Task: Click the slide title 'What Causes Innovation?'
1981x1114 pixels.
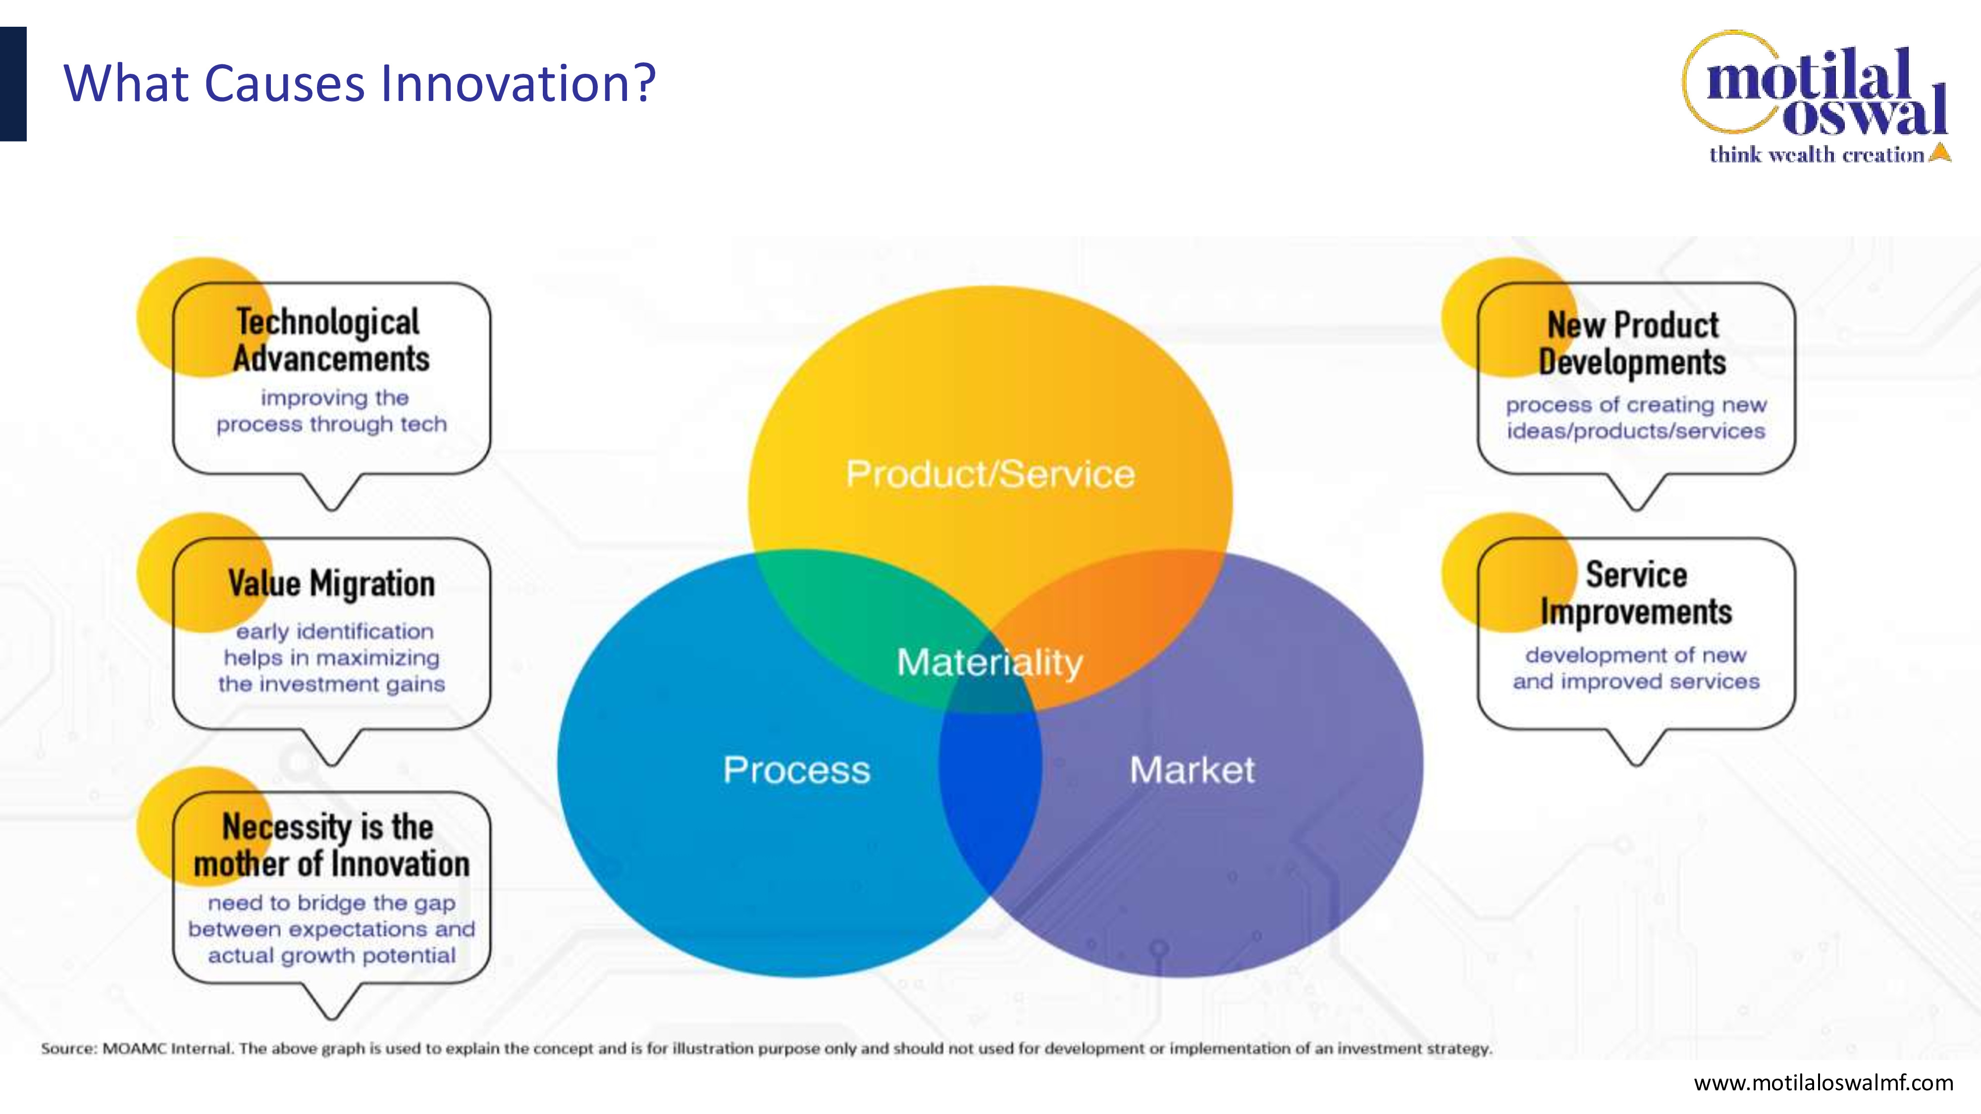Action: click(x=359, y=83)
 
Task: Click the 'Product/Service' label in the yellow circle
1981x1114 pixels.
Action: click(x=990, y=474)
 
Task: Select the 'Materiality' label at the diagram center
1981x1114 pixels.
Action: click(x=990, y=662)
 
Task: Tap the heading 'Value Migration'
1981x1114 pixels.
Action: click(x=331, y=584)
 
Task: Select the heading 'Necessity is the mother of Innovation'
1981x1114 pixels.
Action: click(x=331, y=845)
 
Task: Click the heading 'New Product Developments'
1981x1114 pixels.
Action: click(x=1633, y=344)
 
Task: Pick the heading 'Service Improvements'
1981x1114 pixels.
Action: click(x=1636, y=593)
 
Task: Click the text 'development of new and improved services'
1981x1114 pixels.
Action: click(x=1636, y=668)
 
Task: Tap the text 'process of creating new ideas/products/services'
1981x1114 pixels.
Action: click(x=1636, y=417)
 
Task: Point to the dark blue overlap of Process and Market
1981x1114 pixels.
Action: click(x=990, y=800)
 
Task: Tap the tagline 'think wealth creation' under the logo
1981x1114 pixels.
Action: click(x=1817, y=154)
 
